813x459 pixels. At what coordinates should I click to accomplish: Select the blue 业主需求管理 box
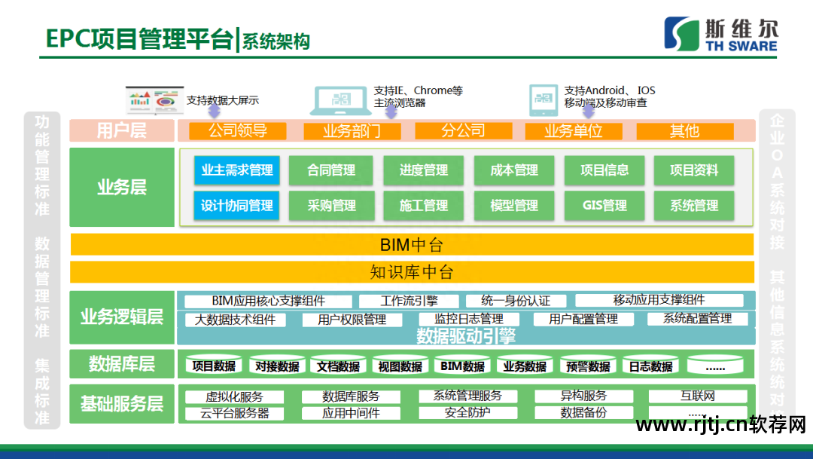pos(237,170)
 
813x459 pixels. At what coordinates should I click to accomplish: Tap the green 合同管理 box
pos(331,170)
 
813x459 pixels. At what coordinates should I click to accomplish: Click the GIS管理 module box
pos(604,205)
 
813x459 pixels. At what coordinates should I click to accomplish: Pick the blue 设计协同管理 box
pos(237,205)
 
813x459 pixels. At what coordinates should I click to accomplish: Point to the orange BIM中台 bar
pos(411,245)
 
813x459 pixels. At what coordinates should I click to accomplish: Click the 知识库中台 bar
pos(411,272)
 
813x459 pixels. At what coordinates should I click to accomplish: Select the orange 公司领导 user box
pos(238,131)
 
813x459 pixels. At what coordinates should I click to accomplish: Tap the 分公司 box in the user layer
pos(463,131)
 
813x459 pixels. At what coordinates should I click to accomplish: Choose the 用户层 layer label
pos(121,131)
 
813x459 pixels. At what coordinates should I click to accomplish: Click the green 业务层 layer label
pos(121,187)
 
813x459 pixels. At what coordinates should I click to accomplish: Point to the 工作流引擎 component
pos(409,301)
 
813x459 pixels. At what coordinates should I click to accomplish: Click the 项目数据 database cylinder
pos(214,366)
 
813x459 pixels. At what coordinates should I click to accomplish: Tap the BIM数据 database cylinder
pos(462,366)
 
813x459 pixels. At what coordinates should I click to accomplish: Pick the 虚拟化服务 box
pos(234,396)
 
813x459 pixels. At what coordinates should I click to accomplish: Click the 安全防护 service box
pos(467,412)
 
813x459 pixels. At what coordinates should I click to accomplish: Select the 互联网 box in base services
pos(697,396)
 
